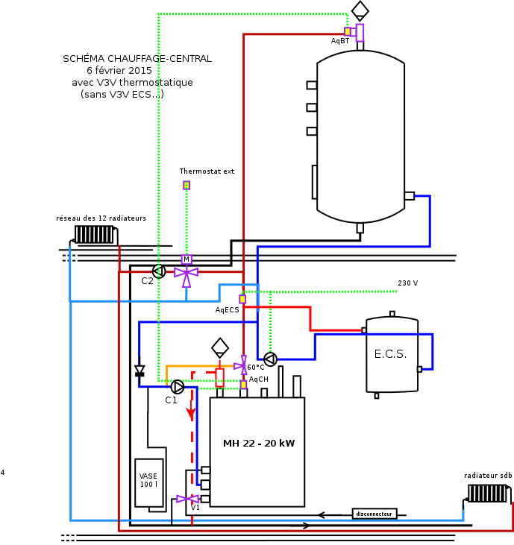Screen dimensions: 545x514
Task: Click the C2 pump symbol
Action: (158, 271)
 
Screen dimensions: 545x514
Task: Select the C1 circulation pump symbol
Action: (178, 386)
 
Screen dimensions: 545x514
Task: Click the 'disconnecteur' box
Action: (374, 514)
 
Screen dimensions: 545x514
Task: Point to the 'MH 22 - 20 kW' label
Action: (259, 444)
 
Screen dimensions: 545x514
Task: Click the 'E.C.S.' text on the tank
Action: (390, 354)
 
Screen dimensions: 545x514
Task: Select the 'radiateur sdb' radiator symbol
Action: (487, 494)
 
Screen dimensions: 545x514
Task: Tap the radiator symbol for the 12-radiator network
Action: (94, 234)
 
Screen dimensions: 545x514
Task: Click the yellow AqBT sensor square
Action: (348, 31)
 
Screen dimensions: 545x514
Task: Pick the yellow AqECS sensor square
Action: (242, 299)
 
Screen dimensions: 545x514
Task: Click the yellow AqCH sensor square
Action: (243, 385)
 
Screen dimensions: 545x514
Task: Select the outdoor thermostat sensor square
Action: (187, 185)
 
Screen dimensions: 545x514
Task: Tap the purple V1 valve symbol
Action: (184, 499)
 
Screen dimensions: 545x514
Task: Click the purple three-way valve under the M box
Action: (186, 273)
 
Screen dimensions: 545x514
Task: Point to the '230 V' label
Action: (407, 283)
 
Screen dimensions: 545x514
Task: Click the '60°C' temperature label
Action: (256, 368)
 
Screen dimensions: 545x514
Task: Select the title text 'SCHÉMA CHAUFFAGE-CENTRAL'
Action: (137, 58)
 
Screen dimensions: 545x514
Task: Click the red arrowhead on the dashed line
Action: (191, 412)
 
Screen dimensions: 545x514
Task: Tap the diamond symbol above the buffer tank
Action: (360, 10)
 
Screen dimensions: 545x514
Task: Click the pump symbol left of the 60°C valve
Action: (270, 359)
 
